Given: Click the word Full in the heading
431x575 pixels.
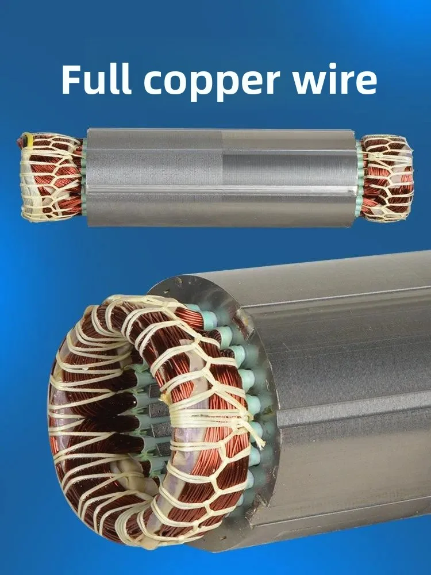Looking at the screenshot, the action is pos(96,79).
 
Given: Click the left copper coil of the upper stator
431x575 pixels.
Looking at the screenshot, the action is pos(51,177).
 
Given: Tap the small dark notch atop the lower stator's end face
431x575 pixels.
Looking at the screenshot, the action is pos(179,281).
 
